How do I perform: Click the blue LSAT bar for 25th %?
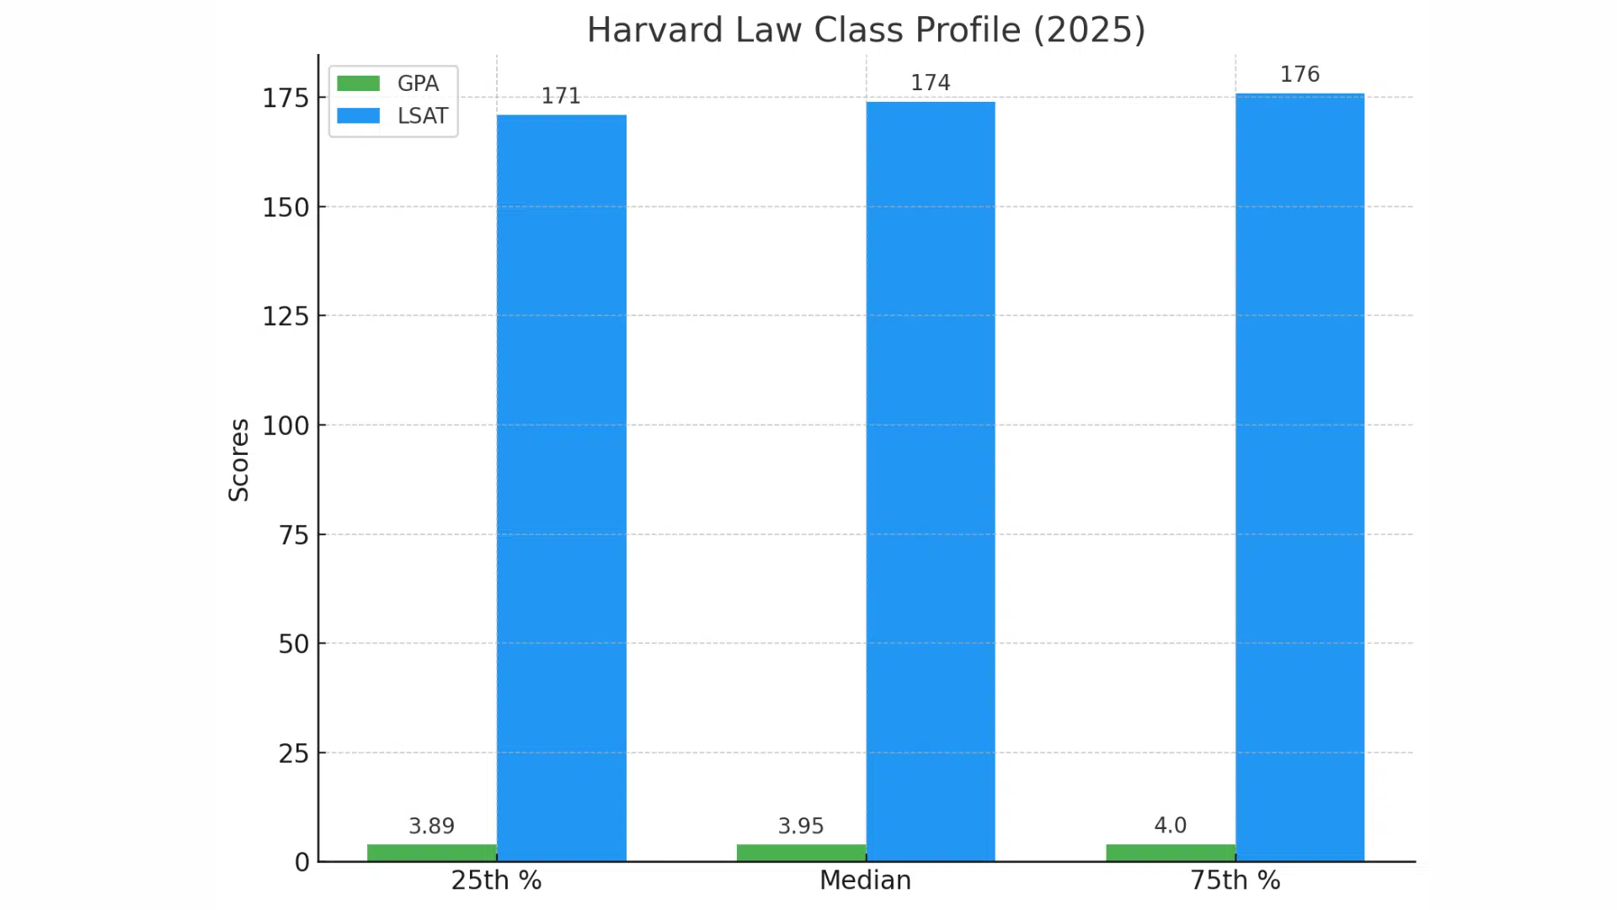tap(562, 489)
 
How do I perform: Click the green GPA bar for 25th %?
tap(432, 853)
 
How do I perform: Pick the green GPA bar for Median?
tap(801, 853)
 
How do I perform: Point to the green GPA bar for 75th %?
tap(1171, 853)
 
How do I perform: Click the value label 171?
tap(561, 96)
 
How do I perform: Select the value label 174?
tap(931, 83)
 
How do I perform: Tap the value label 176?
tap(1299, 74)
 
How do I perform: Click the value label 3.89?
tap(431, 826)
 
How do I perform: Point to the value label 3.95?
tap(801, 826)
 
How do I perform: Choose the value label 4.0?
tap(1171, 825)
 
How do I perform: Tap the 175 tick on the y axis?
tap(286, 99)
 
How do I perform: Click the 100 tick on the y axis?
tap(286, 426)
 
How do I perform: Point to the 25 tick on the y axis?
tap(294, 753)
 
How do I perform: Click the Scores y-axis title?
tap(239, 460)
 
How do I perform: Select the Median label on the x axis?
tap(865, 881)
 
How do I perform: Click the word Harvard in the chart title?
tap(654, 30)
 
